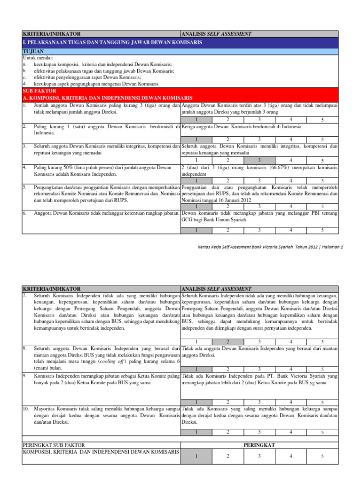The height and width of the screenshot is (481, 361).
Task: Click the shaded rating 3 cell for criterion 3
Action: point(259,160)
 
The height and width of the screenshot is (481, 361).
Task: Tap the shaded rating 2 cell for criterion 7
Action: point(228,341)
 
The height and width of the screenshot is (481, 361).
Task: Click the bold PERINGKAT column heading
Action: point(259,444)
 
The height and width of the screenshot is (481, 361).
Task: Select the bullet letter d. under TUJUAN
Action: point(24,83)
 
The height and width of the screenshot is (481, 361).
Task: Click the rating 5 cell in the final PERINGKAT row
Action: point(322,456)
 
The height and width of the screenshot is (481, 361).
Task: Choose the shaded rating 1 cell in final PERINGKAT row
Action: point(196,456)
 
